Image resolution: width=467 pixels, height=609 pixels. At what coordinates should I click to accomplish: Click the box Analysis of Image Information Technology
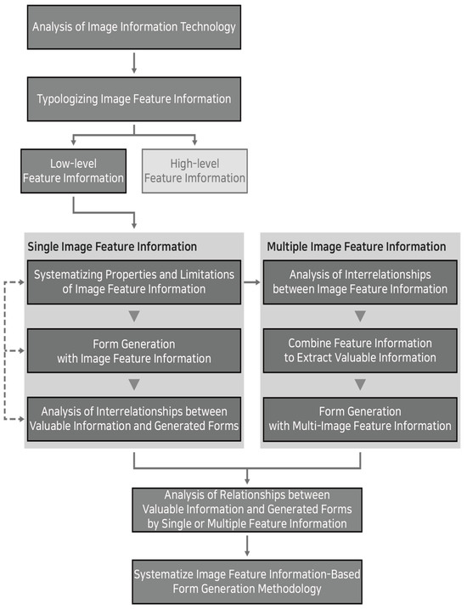(133, 26)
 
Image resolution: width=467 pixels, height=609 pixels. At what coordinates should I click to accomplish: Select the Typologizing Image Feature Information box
(133, 98)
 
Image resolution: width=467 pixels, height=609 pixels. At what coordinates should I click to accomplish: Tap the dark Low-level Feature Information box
(75, 170)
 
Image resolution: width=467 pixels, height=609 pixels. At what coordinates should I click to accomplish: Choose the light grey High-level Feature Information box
(195, 170)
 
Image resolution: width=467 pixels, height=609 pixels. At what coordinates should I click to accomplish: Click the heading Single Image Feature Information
(112, 247)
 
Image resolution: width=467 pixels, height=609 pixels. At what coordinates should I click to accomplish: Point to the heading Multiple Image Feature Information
(356, 247)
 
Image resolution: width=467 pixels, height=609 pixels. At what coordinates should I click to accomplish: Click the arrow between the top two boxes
(133, 62)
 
